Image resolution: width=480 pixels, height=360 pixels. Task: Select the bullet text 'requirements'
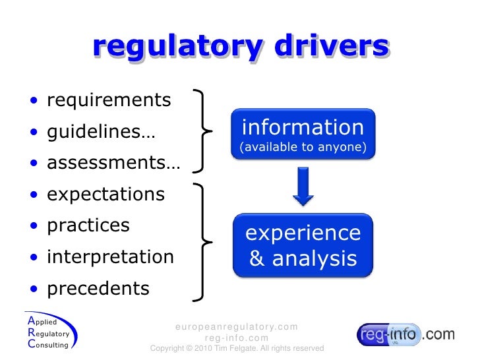click(109, 100)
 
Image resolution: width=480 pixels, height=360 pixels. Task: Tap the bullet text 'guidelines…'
click(101, 132)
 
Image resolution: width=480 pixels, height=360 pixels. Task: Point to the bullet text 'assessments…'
click(113, 163)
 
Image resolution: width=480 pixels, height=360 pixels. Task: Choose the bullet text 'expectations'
click(105, 195)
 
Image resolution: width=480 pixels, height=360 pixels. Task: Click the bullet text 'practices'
click(88, 225)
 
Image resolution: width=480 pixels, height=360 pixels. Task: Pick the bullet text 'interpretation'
click(110, 256)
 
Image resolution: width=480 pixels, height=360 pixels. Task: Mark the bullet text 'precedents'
click(98, 288)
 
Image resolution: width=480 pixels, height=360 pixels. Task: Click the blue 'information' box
click(303, 135)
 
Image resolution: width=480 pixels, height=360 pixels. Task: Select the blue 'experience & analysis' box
click(303, 245)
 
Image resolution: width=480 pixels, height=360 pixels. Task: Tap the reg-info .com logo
click(405, 335)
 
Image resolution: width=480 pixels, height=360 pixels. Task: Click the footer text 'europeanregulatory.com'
click(237, 327)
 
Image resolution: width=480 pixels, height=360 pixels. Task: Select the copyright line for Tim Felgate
click(237, 348)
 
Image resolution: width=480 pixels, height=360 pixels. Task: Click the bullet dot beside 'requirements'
click(34, 102)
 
